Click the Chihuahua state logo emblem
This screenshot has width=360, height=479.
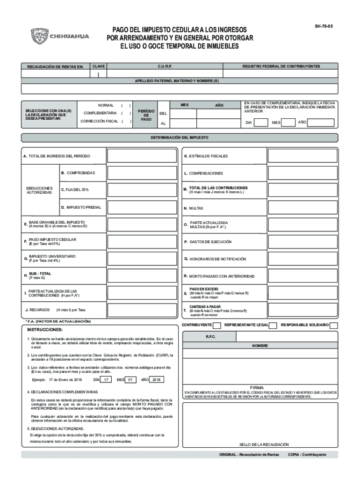click(40, 36)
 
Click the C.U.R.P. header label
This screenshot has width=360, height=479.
click(166, 66)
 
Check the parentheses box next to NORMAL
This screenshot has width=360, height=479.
click(125, 105)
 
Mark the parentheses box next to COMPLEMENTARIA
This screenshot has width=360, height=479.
click(125, 113)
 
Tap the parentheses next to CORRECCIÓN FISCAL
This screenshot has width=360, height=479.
click(125, 122)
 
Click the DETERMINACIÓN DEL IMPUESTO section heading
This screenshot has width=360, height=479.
click(180, 138)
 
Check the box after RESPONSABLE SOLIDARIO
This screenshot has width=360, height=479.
click(334, 325)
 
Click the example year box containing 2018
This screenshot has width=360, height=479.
click(157, 380)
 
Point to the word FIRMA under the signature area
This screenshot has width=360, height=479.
click(258, 388)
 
